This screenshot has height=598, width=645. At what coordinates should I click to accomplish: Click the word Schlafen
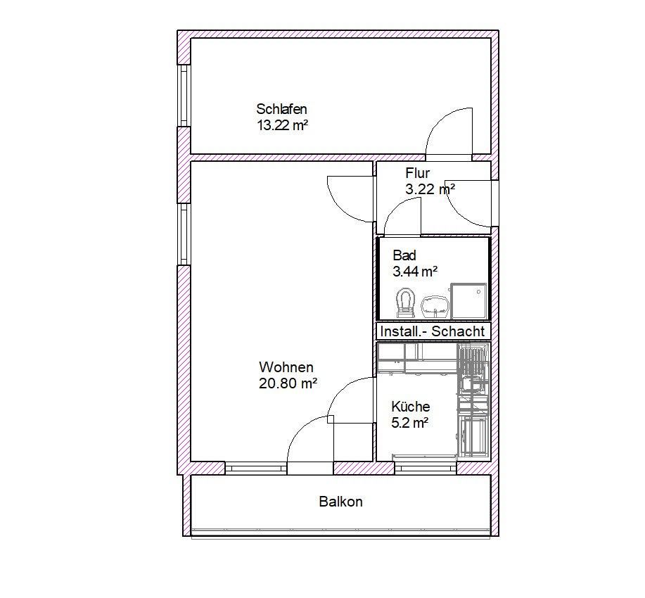click(x=281, y=109)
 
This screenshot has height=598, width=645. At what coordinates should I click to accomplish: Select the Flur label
click(x=417, y=173)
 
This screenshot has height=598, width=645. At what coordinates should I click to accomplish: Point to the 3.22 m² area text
click(x=429, y=189)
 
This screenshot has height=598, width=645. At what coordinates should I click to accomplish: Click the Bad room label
click(x=404, y=255)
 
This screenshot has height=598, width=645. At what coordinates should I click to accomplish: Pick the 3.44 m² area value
click(x=415, y=271)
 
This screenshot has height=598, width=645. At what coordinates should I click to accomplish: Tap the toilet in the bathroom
click(x=404, y=301)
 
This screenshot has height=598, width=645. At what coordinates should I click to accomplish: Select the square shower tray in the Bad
click(x=468, y=300)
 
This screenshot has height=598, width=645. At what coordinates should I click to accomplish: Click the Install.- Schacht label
click(x=432, y=331)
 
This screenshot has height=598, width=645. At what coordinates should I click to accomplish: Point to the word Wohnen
click(x=286, y=367)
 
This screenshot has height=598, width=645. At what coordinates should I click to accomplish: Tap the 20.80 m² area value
click(x=288, y=383)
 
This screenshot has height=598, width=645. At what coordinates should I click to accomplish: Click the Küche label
click(x=410, y=407)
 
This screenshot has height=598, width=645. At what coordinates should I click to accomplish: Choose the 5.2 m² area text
click(x=409, y=423)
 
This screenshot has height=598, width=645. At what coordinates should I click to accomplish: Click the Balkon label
click(x=340, y=502)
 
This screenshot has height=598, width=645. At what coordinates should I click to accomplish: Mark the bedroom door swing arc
click(x=447, y=130)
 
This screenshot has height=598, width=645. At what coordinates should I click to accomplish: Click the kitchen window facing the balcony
click(x=426, y=467)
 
